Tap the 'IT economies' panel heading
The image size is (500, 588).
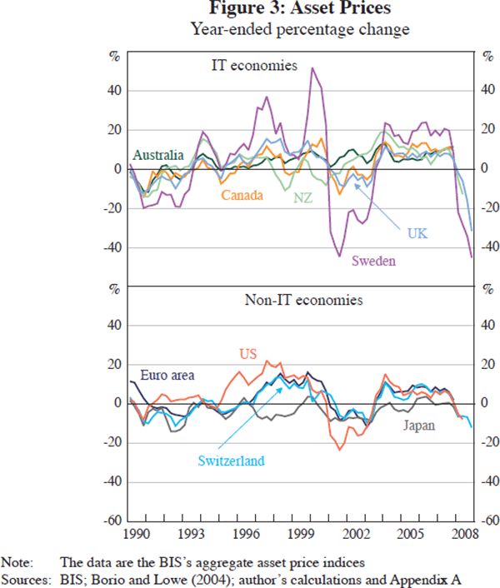pyautogui.click(x=253, y=64)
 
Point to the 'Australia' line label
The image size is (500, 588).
pyautogui.click(x=158, y=156)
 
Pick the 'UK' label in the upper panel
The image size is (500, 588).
pyautogui.click(x=417, y=233)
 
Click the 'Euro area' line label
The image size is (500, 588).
pyautogui.click(x=167, y=376)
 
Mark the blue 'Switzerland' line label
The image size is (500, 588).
pyautogui.click(x=232, y=460)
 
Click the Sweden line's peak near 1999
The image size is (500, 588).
pyautogui.click(x=312, y=68)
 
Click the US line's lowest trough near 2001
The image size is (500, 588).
pyautogui.click(x=340, y=450)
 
